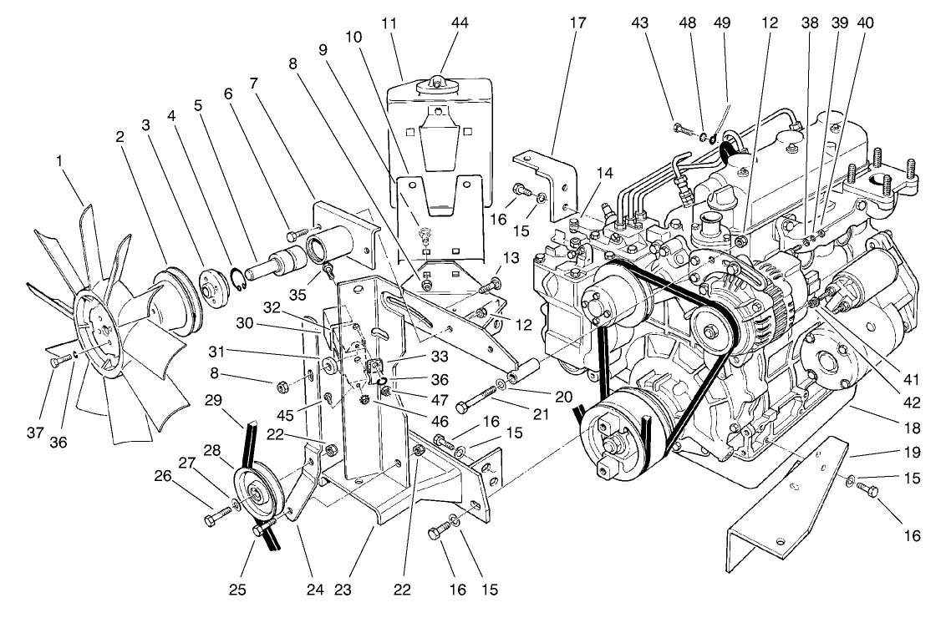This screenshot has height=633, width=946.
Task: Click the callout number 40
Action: tap(865, 23)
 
